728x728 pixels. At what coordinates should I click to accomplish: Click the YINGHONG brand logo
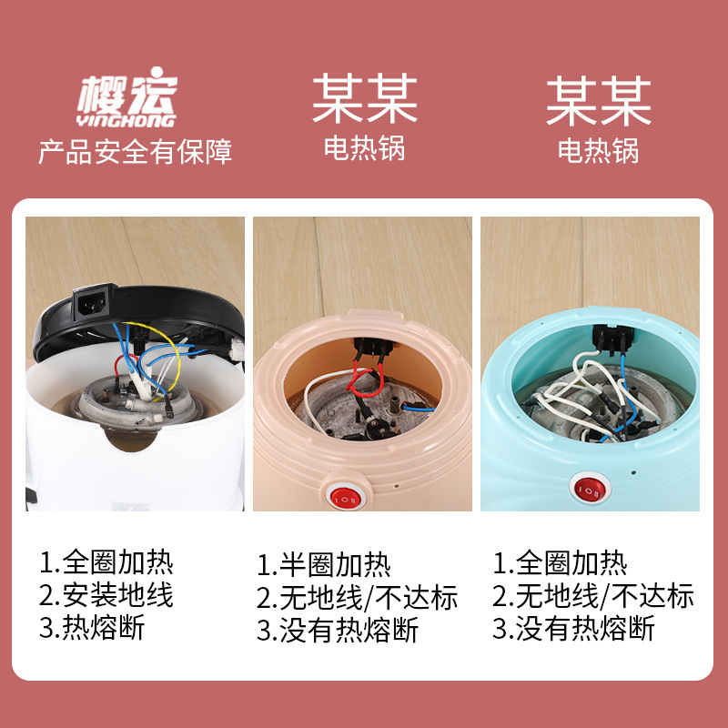(126, 101)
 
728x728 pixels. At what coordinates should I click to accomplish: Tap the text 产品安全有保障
(135, 150)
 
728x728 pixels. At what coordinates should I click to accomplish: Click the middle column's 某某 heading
(364, 100)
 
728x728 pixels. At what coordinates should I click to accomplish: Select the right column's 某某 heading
(599, 101)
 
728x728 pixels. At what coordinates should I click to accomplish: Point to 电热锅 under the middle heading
(364, 149)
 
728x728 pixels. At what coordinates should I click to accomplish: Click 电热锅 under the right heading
(599, 149)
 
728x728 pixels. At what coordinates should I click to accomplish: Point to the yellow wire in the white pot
(178, 364)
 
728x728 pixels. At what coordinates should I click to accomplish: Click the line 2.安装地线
(106, 595)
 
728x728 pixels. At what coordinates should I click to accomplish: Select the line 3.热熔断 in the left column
(91, 627)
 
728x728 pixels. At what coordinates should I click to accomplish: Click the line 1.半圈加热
(323, 565)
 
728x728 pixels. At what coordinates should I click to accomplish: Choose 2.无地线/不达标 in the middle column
(357, 597)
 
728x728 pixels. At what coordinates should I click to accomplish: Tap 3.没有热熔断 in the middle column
(338, 629)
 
